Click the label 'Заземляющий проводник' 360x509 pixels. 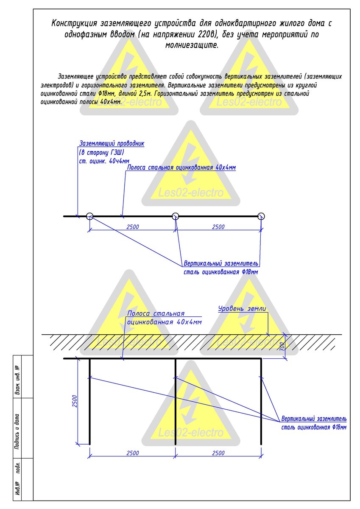[112, 144]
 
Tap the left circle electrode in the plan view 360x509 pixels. [89, 216]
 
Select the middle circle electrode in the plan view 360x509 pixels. [176, 216]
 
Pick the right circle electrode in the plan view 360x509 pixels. [261, 216]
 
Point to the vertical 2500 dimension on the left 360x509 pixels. [74, 401]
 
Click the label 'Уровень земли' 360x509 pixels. [242, 309]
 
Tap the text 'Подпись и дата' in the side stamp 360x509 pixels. [17, 431]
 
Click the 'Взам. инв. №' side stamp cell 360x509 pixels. [17, 379]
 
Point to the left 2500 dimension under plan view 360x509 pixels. [132, 227]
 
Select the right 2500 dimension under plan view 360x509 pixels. [218, 227]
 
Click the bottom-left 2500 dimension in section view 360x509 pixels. [132, 453]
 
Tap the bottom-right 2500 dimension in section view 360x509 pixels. [218, 453]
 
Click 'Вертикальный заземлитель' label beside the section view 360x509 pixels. [314, 419]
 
